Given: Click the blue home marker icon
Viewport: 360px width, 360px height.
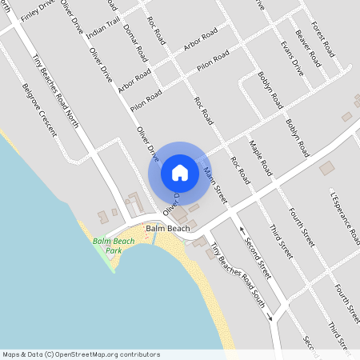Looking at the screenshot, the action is click(180, 172).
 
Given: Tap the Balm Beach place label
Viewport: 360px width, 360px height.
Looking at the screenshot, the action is click(168, 229).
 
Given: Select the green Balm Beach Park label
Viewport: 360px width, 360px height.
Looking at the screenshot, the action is click(113, 246).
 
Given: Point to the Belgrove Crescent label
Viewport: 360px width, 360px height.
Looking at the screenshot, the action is click(38, 108).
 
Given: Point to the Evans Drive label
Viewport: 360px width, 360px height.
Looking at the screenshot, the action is click(292, 57).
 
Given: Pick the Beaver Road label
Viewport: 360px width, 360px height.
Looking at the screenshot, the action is click(307, 48).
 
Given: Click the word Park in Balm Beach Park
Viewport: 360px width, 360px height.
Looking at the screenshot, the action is click(113, 250).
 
